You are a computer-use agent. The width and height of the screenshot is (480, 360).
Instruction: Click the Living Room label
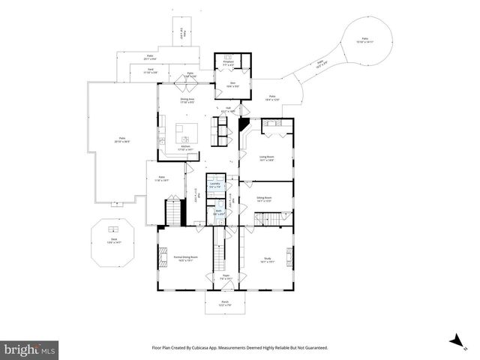point(266,157)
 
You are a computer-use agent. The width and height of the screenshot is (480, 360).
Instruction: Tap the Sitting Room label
point(264,199)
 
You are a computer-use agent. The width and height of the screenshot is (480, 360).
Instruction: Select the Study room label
point(268,260)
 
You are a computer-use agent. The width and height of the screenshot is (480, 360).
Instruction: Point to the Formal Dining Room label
point(184,259)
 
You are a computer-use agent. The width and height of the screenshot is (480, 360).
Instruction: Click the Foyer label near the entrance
point(225,277)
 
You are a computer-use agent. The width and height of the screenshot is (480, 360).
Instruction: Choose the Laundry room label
point(215,184)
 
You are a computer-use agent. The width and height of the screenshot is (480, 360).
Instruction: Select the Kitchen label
point(184,148)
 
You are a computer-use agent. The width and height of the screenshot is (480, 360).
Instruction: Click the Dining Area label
point(186,98)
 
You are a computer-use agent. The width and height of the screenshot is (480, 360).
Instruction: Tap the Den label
point(234,85)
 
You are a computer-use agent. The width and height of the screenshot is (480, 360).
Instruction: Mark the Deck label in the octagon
point(114,241)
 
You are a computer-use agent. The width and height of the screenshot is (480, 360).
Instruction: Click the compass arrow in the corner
point(454,340)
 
